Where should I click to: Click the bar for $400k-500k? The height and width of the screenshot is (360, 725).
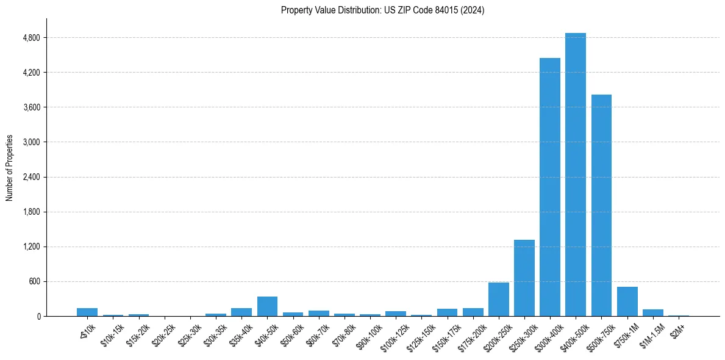pyautogui.click(x=575, y=175)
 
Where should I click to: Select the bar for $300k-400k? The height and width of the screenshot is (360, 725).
pyautogui.click(x=549, y=187)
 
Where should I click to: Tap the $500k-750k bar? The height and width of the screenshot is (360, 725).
pyautogui.click(x=601, y=205)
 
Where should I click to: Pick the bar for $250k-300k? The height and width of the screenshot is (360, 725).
pyautogui.click(x=524, y=278)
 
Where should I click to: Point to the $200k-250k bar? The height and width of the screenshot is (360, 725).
pyautogui.click(x=498, y=299)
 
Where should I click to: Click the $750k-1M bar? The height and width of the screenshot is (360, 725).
pyautogui.click(x=627, y=301)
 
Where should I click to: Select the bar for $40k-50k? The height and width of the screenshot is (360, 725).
pyautogui.click(x=267, y=306)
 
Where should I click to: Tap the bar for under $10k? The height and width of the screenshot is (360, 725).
pyautogui.click(x=87, y=312)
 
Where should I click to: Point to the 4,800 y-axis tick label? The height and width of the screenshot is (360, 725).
pyautogui.click(x=31, y=38)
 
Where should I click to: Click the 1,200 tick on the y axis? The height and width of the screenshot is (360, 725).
pyautogui.click(x=31, y=247)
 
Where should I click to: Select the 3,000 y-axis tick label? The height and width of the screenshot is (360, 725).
pyautogui.click(x=31, y=142)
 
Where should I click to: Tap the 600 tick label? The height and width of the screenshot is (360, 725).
pyautogui.click(x=34, y=282)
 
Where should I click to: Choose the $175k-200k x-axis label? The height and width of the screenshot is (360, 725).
pyautogui.click(x=471, y=333)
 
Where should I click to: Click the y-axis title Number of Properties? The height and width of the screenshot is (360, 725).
pyautogui.click(x=9, y=168)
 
